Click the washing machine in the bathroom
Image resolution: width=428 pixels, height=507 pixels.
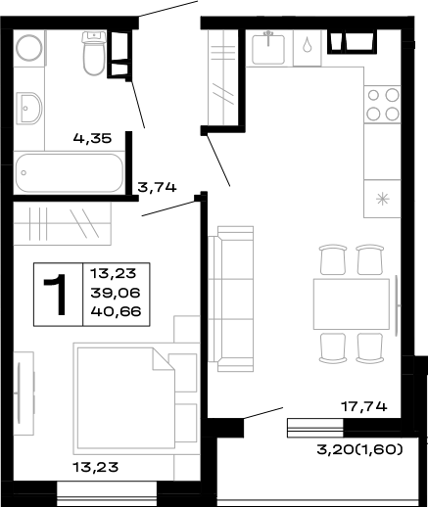[30, 48]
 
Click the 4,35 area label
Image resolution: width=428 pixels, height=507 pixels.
[92, 140]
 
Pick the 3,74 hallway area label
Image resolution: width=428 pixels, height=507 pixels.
[157, 187]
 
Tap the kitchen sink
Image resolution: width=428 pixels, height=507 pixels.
[267, 47]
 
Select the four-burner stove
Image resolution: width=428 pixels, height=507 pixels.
[383, 104]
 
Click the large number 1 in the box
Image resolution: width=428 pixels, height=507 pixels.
[57, 295]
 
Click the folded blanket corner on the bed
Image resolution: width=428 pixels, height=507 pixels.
[159, 362]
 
